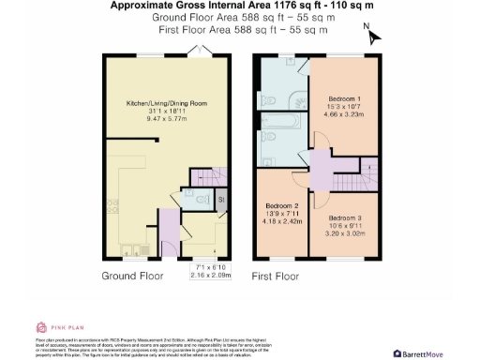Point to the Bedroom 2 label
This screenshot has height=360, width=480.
coord(281,205)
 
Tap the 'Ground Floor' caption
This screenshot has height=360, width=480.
coord(132,277)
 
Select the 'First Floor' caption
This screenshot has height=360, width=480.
coord(275,277)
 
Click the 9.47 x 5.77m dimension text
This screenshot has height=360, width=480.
coord(166,119)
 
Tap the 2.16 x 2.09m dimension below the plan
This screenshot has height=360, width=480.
coord(210,276)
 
